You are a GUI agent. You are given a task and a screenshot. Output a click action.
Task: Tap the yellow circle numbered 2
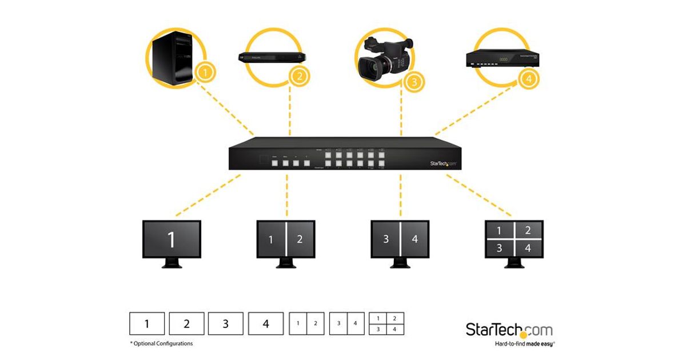298,76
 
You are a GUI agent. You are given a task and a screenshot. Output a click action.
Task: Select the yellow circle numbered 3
414,81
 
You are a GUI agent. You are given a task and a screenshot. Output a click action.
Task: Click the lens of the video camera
370,69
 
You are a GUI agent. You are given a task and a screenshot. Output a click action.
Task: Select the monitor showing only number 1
171,241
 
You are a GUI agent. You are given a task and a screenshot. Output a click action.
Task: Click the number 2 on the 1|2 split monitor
300,239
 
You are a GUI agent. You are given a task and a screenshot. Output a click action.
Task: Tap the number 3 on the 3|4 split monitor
386,239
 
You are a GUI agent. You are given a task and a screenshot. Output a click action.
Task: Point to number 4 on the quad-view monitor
528,249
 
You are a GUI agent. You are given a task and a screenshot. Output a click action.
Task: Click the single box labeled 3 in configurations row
225,324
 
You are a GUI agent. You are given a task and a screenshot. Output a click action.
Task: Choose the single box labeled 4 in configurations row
265,324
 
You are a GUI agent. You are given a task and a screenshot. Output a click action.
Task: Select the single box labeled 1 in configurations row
147,324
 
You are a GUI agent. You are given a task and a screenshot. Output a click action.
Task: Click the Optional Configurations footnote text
161,343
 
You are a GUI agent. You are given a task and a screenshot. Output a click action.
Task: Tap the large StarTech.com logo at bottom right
509,330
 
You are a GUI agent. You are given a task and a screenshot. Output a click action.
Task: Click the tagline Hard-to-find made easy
524,344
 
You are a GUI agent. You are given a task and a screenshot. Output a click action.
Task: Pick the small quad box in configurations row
386,323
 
